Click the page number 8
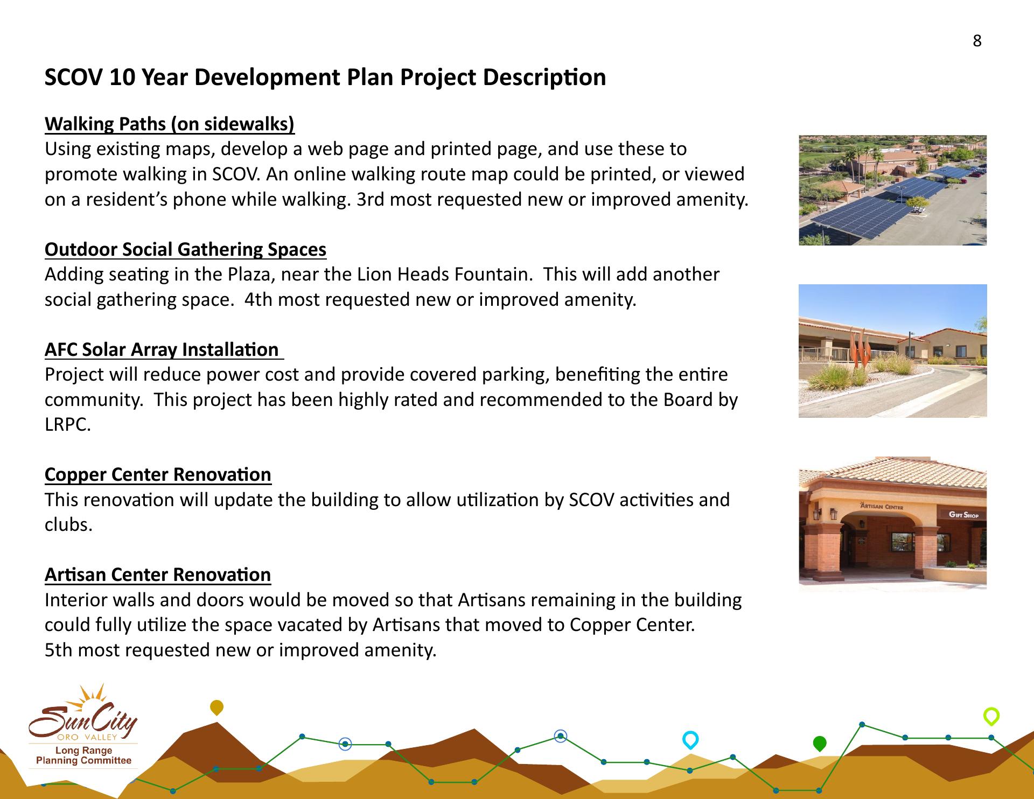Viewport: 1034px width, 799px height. click(977, 41)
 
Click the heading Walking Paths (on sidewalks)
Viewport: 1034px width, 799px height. click(170, 124)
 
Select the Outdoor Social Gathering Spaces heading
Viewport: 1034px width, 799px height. click(185, 249)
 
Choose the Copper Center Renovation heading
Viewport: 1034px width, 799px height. click(158, 474)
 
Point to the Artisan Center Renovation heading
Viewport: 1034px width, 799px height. click(158, 574)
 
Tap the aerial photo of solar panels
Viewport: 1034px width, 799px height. click(892, 190)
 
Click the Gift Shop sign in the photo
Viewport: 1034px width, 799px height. click(963, 515)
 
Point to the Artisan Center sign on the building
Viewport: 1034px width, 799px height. click(881, 506)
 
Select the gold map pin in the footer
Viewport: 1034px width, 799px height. click(216, 707)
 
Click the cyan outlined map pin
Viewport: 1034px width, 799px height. click(690, 740)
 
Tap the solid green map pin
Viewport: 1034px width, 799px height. click(819, 744)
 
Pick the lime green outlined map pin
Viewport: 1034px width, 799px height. click(991, 717)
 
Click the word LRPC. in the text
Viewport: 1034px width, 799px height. click(68, 425)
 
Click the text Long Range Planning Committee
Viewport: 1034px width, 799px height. click(83, 755)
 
